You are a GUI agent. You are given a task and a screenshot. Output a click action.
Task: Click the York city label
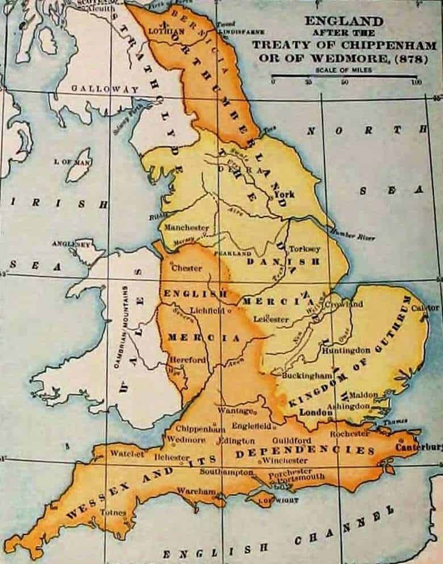pos(284,194)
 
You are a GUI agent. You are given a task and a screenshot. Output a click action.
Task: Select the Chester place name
pos(186,268)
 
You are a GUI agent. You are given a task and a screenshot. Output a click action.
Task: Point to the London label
pos(315,412)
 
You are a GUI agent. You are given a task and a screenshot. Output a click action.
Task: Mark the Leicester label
pos(271,320)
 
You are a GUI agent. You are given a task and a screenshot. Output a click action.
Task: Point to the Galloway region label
pos(105,89)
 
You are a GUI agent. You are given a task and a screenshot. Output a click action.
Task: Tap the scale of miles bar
pos(345,76)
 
